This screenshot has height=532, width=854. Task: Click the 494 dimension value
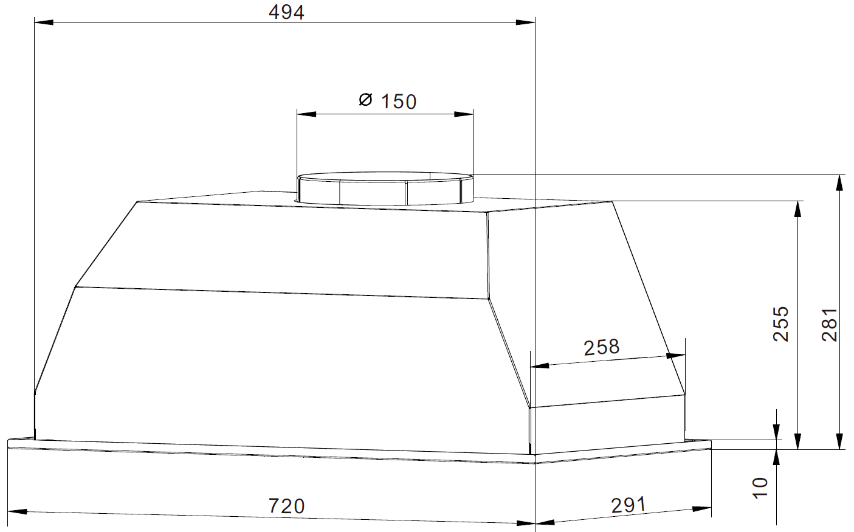[286, 12]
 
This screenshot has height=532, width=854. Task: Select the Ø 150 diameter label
[388, 102]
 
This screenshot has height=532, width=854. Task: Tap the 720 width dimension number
[287, 506]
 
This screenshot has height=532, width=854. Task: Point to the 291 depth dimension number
[628, 505]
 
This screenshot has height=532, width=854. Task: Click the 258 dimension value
[602, 347]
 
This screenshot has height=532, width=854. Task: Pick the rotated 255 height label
[781, 324]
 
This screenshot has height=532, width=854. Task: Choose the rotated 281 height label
[830, 325]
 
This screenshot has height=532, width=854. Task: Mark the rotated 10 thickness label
[760, 488]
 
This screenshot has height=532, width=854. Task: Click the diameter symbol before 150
[366, 100]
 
